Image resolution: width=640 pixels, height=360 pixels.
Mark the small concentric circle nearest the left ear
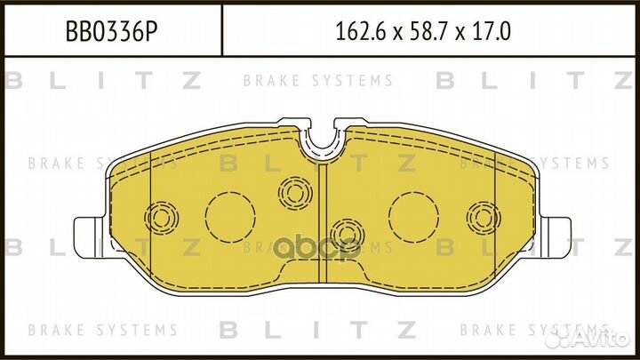click(x=161, y=217)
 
